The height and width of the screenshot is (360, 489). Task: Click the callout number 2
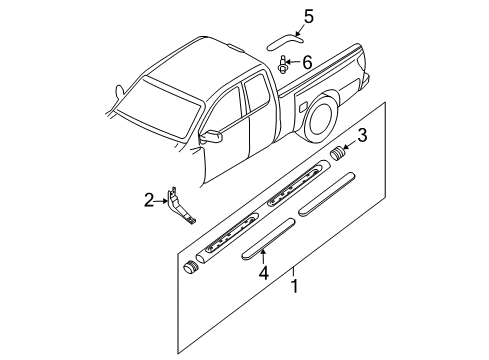(149, 201)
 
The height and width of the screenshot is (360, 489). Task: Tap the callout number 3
(364, 136)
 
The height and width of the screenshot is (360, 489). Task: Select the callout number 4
(264, 272)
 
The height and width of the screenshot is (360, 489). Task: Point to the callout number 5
(308, 16)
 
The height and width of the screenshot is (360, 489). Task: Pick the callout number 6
(307, 63)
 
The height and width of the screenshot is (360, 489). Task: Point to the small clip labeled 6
(285, 67)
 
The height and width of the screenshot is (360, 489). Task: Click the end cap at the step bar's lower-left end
(189, 268)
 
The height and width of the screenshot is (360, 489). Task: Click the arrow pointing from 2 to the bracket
(162, 201)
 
